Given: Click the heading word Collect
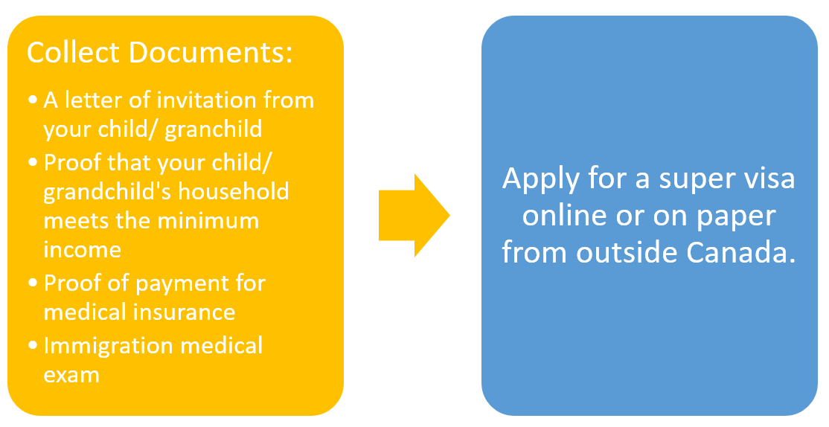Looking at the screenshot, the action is (74, 52).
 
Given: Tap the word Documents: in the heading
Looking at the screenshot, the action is (211, 52).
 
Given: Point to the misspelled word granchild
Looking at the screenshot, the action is (214, 129).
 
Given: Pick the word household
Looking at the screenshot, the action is (234, 190).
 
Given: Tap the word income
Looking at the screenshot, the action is (83, 249).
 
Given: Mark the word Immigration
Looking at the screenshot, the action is (109, 346).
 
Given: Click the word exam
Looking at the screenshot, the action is (71, 375).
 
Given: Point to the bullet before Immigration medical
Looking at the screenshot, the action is (33, 346).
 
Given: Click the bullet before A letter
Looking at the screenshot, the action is (33, 100).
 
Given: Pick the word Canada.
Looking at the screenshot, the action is (741, 252).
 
